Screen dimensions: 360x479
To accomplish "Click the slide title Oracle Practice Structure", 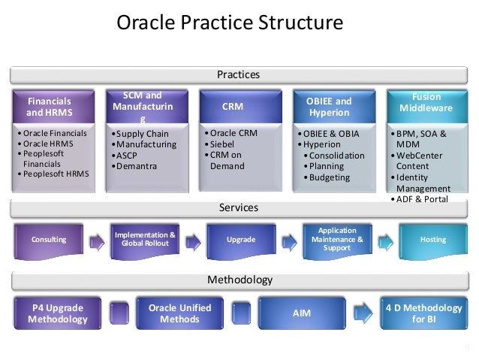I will pos(230,23).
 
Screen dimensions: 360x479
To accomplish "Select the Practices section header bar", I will pos(239,74).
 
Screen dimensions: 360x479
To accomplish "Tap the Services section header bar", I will pos(239,207).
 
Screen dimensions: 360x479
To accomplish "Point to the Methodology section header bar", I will pos(239,280).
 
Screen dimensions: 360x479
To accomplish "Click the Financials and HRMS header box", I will pos(50,107).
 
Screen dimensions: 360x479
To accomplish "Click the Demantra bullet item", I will pos(136,166).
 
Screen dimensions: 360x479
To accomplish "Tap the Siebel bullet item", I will pos(223,144).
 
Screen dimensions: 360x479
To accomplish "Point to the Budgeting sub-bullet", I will pos(330,177).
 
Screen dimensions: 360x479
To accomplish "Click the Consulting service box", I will pos(49,240).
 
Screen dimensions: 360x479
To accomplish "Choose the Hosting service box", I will pos(433,240).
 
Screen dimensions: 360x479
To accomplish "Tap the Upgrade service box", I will pos(241,240).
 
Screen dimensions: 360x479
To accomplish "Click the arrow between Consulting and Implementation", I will pos(96,241).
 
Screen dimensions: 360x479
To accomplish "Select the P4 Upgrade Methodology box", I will pos(58,313).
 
